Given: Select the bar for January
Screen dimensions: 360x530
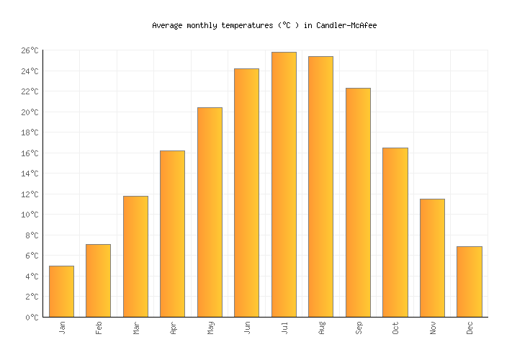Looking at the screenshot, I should pyautogui.click(x=61, y=291).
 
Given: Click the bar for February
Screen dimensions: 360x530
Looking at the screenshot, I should pyautogui.click(x=98, y=280).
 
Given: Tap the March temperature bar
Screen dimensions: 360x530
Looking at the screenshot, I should pyautogui.click(x=135, y=256).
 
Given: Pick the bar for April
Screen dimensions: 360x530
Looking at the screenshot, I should pyautogui.click(x=172, y=233).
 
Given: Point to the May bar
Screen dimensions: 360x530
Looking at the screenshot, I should pyautogui.click(x=210, y=212).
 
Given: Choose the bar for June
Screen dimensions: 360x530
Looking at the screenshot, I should pyautogui.click(x=246, y=192).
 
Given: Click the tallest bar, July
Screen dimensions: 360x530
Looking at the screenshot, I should pyautogui.click(x=284, y=184).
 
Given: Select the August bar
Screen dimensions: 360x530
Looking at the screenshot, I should pyautogui.click(x=320, y=186).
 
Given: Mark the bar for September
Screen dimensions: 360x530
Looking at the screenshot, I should pyautogui.click(x=358, y=202).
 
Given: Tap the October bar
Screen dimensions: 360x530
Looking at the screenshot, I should pyautogui.click(x=395, y=232).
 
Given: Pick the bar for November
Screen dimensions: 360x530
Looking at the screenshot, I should pyautogui.click(x=432, y=258).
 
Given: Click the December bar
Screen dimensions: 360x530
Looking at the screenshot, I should pyautogui.click(x=469, y=282).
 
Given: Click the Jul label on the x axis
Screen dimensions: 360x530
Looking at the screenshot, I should pyautogui.click(x=284, y=328).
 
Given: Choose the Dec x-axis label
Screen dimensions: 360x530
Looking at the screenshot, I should pyautogui.click(x=470, y=328).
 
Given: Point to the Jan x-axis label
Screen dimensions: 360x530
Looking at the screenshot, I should pyautogui.click(x=62, y=328).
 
